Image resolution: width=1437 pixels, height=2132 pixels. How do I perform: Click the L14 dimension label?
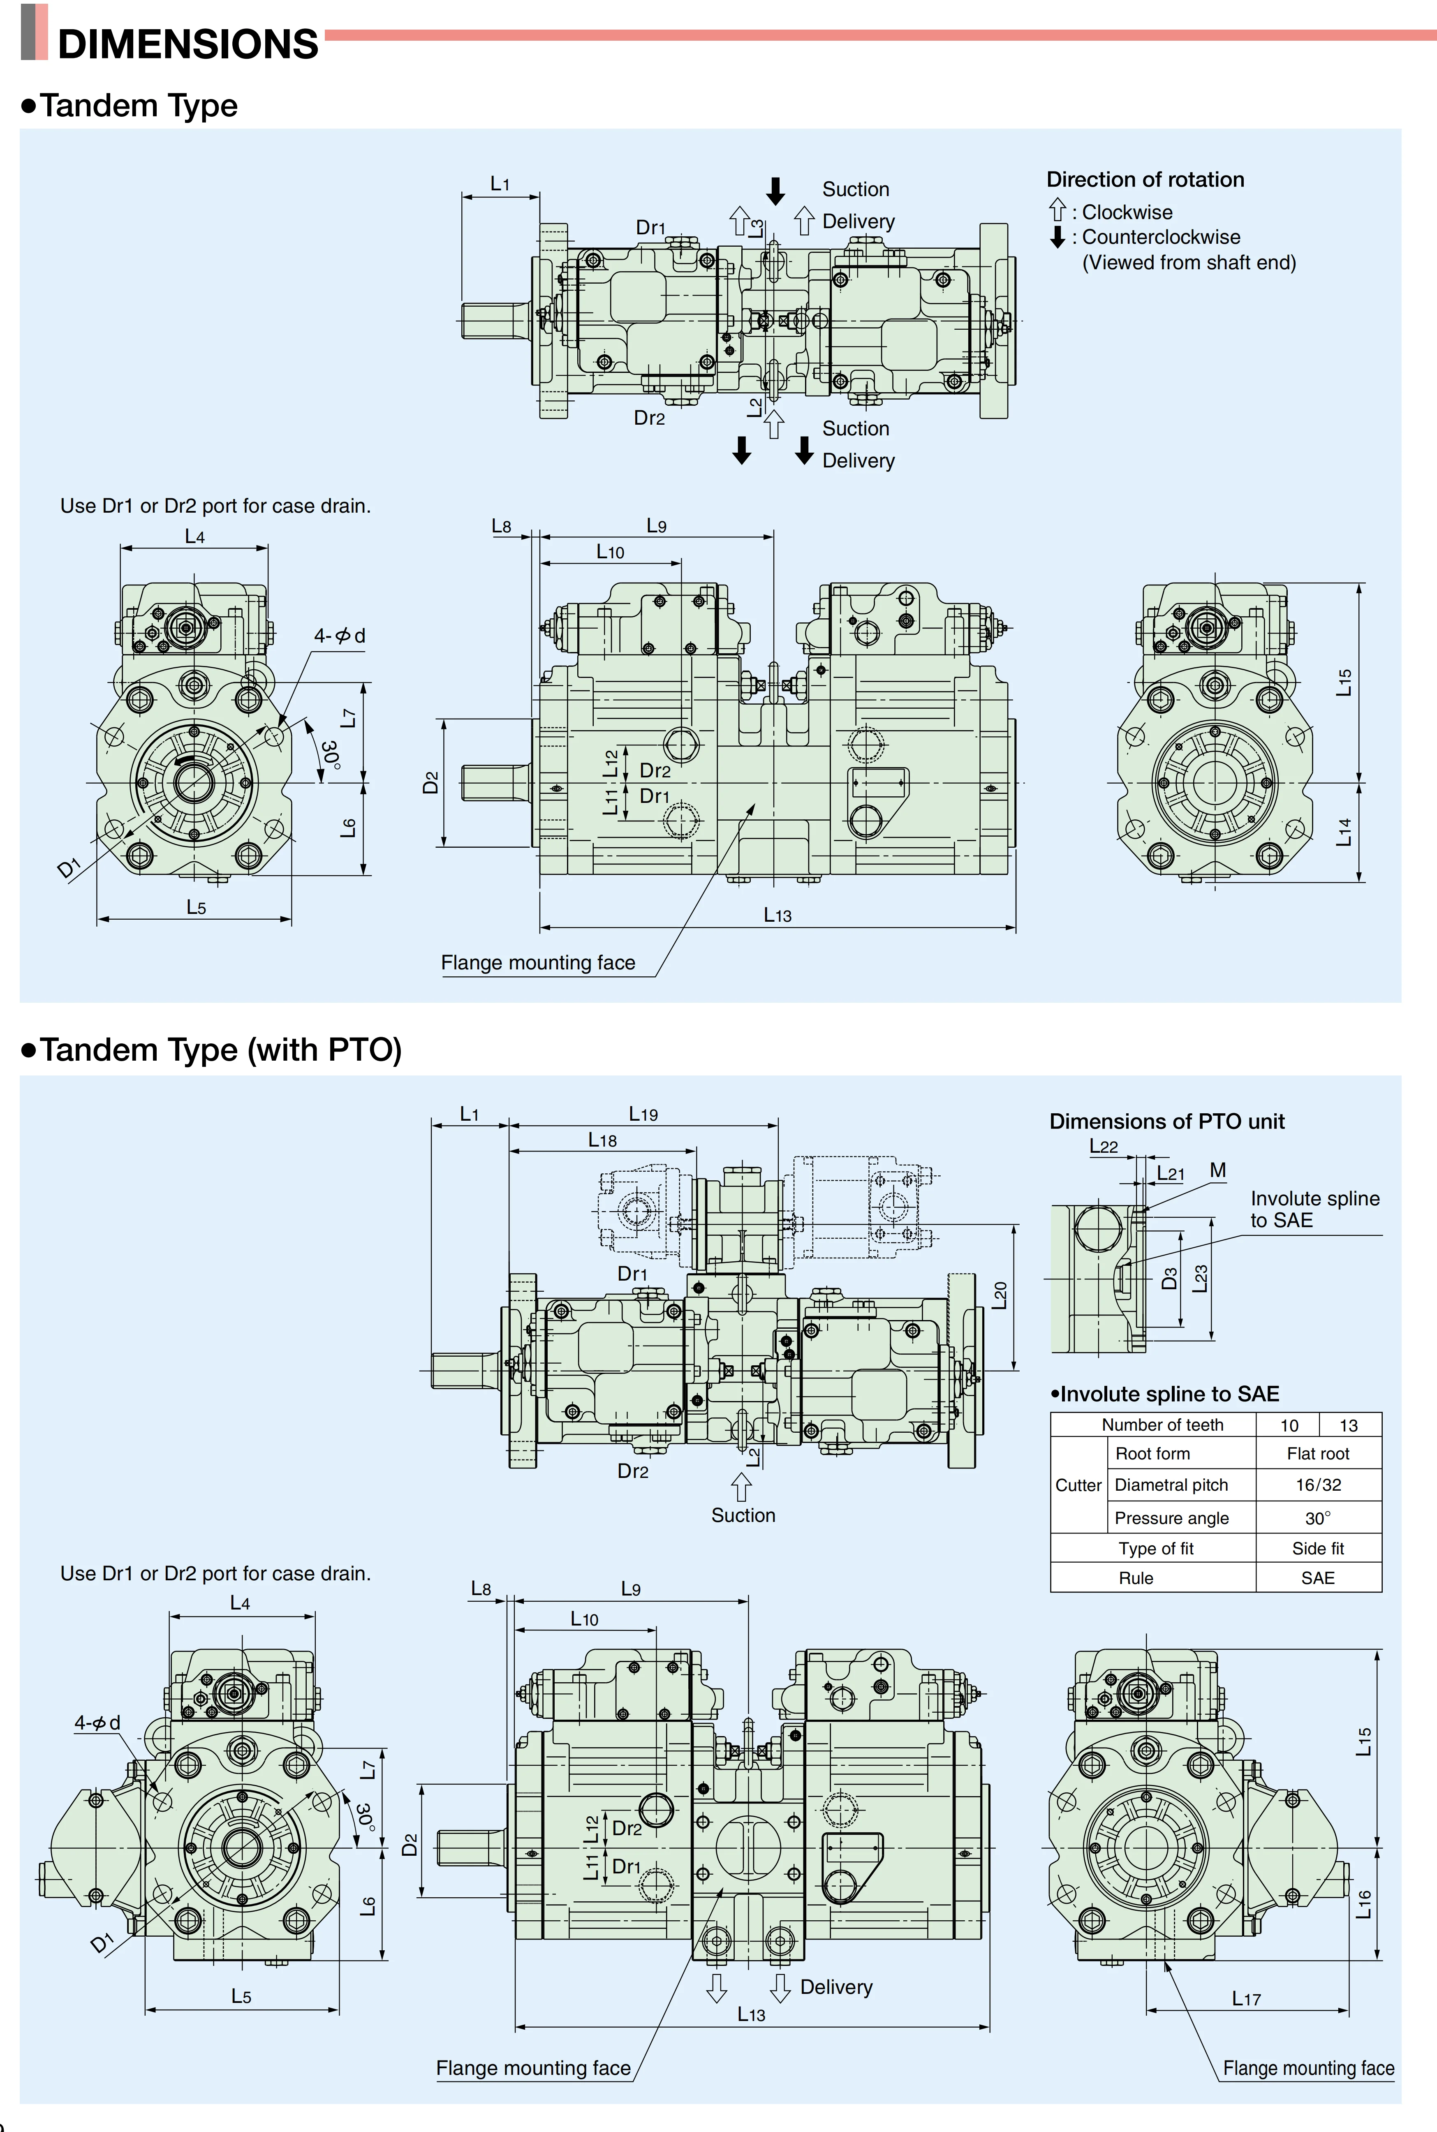point(1344,832)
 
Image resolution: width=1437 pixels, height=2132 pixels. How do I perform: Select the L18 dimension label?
point(602,1140)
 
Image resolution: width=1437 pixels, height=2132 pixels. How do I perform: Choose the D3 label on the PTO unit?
point(1169,1278)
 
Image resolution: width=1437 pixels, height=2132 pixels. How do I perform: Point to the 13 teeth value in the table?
point(1348,1426)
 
